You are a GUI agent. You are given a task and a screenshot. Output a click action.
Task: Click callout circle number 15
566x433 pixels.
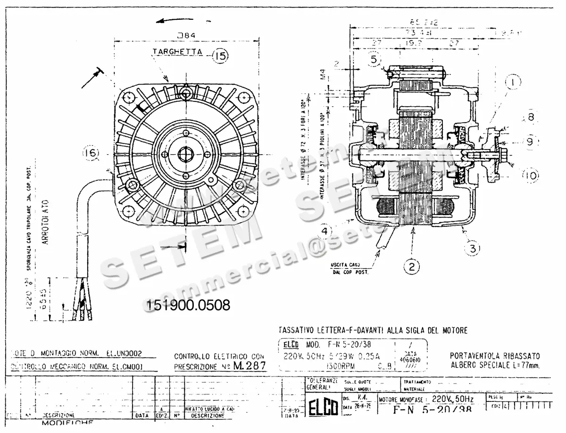219,56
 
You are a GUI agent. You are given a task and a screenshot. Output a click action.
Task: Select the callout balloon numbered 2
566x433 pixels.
411,267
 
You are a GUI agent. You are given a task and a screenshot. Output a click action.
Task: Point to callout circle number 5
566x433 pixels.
374,59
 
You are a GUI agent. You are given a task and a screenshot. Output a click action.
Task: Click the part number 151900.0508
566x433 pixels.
189,305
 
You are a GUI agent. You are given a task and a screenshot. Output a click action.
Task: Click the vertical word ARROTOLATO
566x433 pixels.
45,225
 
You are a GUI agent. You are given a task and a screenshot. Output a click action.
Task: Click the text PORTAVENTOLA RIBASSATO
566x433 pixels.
495,356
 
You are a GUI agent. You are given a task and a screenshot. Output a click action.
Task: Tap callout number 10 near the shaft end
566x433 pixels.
530,176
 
